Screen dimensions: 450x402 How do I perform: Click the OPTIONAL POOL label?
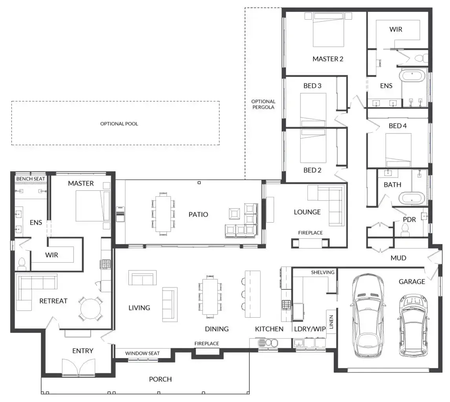pos(119,124)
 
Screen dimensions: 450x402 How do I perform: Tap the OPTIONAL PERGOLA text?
pos(263,104)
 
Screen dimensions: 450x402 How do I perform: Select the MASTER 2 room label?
pos(328,59)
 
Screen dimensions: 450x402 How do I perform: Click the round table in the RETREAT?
pos(91,309)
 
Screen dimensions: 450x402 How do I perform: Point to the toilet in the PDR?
pos(405,230)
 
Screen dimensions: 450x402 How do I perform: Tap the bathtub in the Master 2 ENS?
pos(412,76)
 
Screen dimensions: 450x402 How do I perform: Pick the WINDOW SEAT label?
pos(143,353)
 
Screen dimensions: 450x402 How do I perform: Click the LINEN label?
pos(331,322)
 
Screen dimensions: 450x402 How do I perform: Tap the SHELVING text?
pos(322,272)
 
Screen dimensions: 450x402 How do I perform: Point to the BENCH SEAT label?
pos(30,179)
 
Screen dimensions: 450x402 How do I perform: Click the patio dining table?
pos(163,214)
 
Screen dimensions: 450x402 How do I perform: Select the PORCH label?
pos(161,379)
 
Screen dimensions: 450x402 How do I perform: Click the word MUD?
pos(398,258)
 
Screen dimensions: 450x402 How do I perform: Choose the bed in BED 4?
pos(398,150)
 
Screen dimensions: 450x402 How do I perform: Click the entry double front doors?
pos(79,367)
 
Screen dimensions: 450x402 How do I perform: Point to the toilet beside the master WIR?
pos(22,263)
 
